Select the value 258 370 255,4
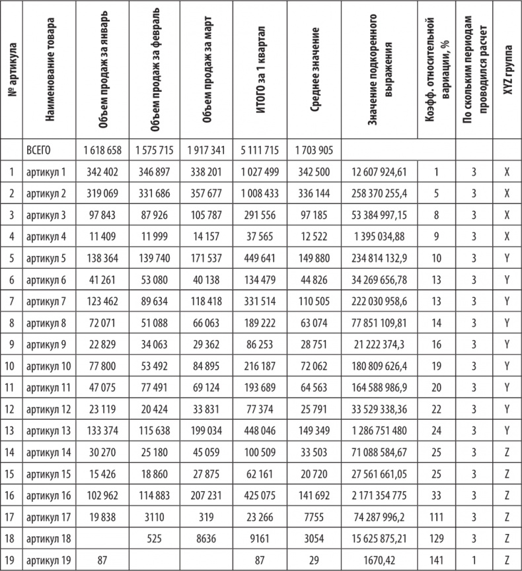379,197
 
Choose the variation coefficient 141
436,560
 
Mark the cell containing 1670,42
379,560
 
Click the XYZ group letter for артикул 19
507,560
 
